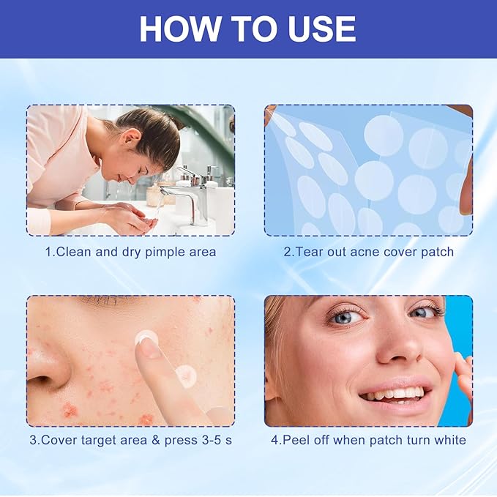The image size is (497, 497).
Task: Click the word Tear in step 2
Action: point(308,252)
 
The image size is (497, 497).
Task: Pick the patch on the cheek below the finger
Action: point(184,376)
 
